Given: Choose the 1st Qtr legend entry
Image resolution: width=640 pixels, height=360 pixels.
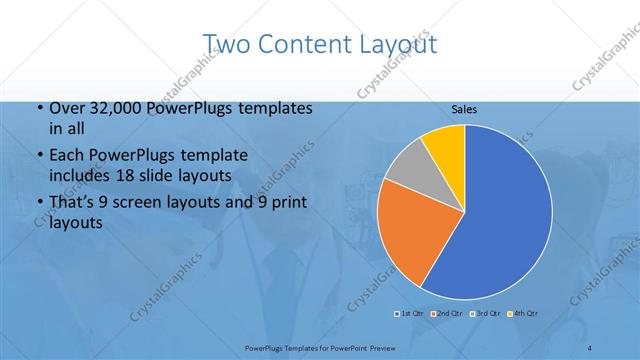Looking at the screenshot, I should (x=410, y=313).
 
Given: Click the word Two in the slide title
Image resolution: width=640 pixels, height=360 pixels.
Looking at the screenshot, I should (x=227, y=44).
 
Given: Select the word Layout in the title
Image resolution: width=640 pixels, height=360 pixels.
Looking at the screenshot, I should (x=400, y=46).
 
